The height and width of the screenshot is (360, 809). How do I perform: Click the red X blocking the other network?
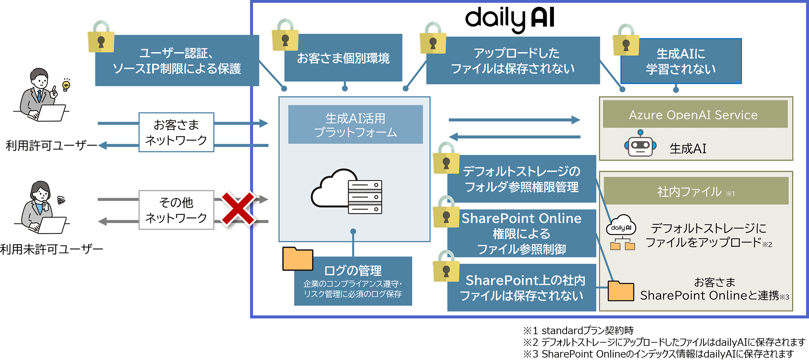coord(238,209)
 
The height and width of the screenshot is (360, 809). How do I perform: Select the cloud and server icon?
coord(347,192)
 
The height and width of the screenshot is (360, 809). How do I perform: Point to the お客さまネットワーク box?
coord(176,132)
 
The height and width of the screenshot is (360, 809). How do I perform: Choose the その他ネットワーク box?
coord(176,210)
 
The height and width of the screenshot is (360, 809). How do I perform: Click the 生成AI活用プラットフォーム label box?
coord(355,125)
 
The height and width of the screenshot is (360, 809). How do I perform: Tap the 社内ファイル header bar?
coord(696,191)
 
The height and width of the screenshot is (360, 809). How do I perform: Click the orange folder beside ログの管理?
coord(297,259)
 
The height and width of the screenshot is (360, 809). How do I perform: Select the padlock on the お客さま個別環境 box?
coord(285,36)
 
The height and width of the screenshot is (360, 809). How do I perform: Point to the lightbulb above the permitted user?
coord(66,84)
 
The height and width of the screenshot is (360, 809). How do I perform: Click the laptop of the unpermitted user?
coord(52,224)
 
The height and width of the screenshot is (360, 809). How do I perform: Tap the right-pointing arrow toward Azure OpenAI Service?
coord(514,120)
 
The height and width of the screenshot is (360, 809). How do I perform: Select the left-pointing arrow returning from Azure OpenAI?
coord(514,137)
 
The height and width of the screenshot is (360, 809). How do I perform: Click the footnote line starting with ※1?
coord(578,331)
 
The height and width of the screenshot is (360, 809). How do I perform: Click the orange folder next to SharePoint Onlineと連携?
coord(621,291)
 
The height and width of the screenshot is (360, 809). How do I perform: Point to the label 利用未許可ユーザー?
coord(52,249)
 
